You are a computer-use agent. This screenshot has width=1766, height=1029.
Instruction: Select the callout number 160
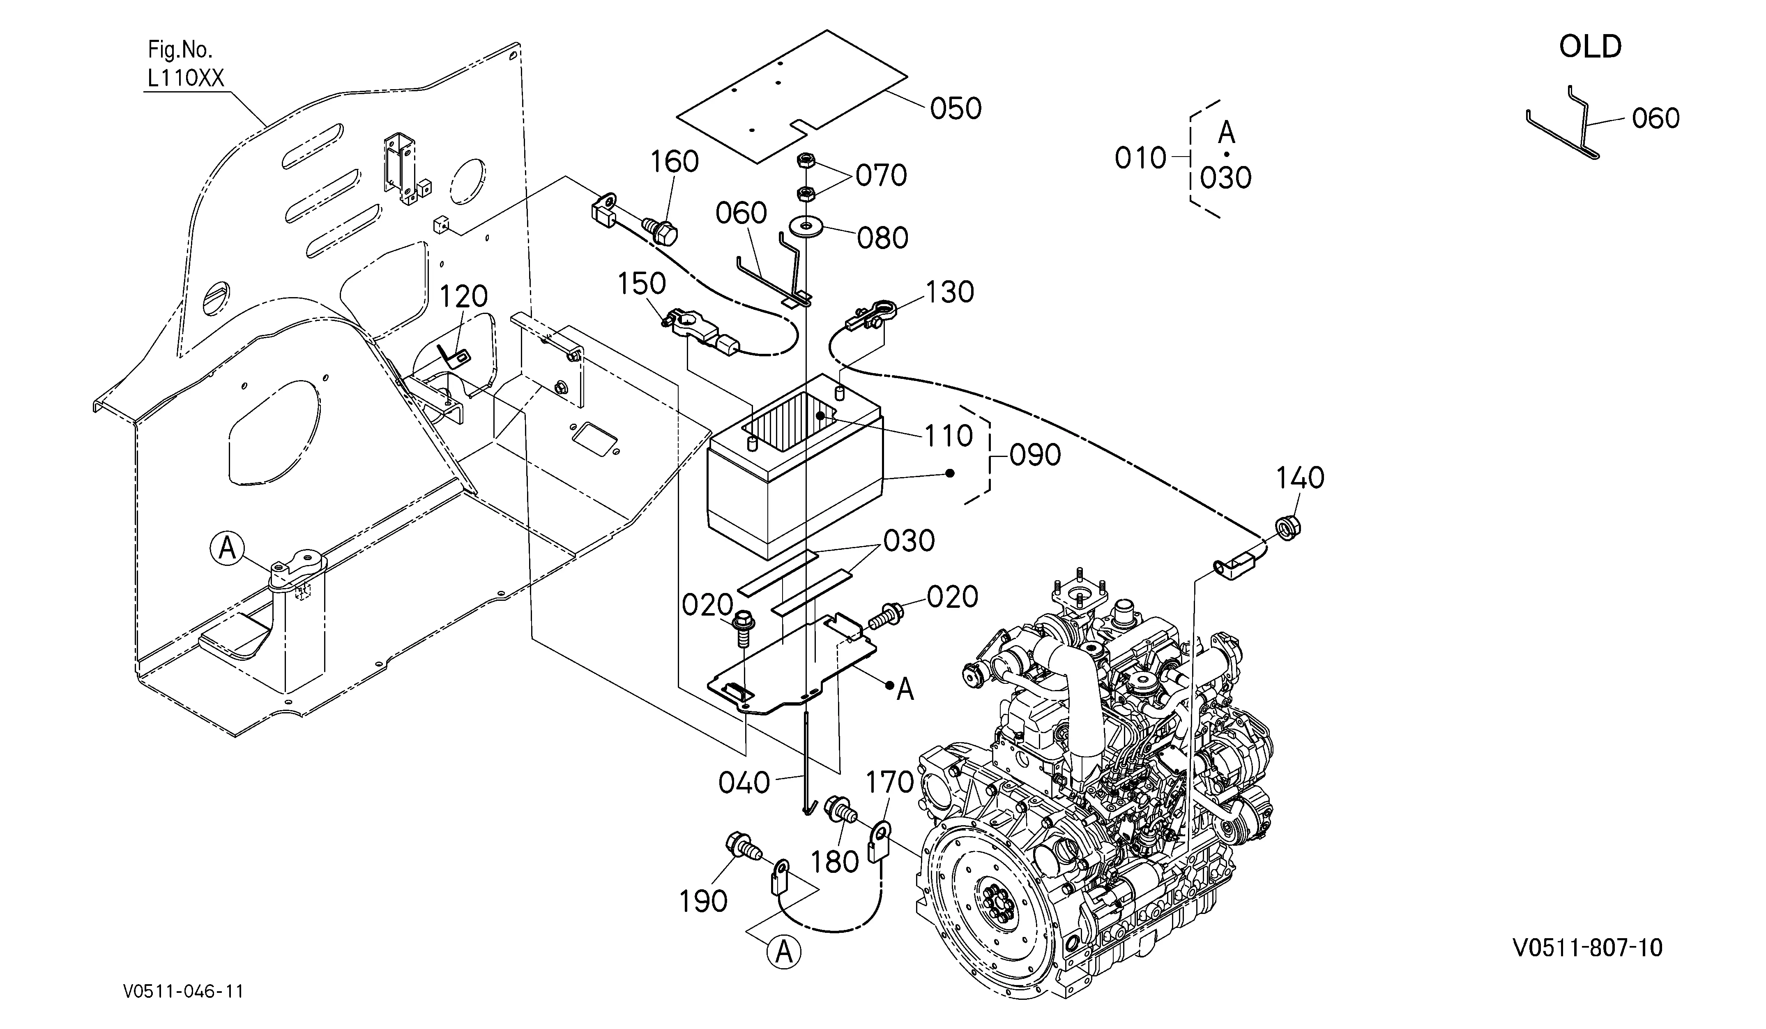[x=674, y=162]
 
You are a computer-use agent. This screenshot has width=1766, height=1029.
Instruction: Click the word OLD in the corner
[x=1590, y=47]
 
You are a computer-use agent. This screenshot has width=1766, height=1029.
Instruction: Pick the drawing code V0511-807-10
[x=1587, y=948]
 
